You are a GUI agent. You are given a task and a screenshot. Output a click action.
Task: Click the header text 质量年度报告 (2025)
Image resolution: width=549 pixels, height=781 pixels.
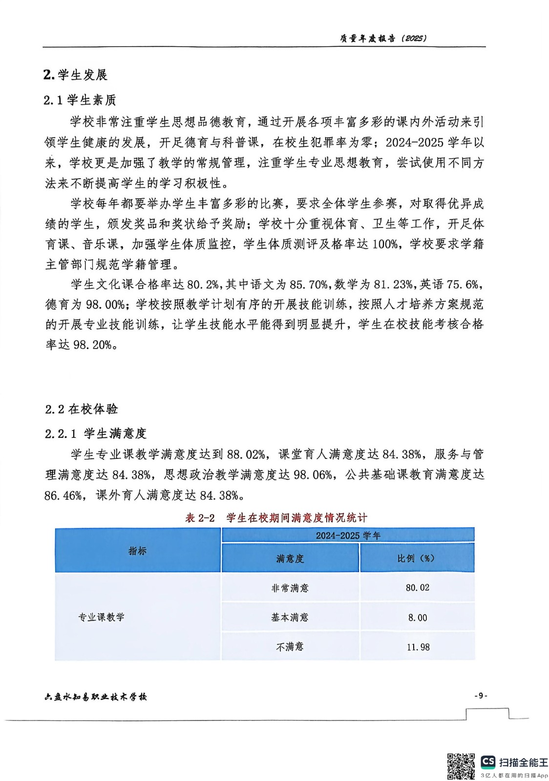382,38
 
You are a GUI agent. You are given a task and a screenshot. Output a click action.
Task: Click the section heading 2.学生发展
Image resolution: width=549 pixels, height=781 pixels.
75,75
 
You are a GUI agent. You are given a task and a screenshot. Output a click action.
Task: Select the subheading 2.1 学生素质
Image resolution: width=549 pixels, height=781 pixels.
80,101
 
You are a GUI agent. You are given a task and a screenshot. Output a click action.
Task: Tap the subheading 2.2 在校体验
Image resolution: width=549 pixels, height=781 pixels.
81,409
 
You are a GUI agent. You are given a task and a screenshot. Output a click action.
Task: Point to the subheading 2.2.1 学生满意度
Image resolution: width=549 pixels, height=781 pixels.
95,433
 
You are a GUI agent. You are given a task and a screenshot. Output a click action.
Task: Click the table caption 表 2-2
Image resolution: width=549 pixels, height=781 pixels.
200,518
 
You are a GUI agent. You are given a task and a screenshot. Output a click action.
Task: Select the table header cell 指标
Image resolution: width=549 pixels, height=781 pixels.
137,551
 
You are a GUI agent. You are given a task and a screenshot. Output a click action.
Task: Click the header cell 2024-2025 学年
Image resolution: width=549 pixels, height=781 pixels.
348,535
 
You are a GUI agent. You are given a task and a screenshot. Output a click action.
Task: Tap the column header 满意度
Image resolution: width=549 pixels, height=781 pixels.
290,558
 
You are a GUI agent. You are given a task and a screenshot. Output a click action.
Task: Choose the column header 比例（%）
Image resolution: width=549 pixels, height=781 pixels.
416,558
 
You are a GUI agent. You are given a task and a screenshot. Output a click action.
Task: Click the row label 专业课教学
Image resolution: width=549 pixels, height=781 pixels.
102,617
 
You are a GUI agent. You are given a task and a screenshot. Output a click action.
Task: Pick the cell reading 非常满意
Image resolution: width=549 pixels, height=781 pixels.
290,588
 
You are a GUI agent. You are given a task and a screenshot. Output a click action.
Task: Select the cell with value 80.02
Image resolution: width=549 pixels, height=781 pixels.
417,588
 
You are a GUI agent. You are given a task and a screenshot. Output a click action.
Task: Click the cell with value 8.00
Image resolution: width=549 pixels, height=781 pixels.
417,617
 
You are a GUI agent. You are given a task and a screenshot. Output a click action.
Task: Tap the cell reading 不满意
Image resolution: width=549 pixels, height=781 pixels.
290,647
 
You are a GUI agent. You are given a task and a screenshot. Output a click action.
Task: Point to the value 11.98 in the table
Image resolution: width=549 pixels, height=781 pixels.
418,647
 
